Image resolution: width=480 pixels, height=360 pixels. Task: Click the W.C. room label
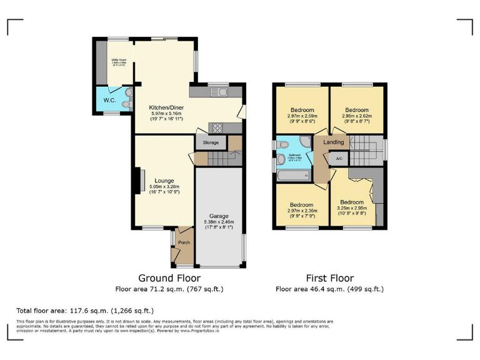109,100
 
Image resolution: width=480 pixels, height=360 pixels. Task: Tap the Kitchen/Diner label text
166,108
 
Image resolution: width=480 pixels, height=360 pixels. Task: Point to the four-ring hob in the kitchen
217,127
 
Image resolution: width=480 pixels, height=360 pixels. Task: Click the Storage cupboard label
211,143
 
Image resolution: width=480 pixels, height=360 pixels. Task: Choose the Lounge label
165,181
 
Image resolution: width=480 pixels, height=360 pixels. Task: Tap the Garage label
219,216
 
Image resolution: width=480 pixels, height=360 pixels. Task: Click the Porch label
184,242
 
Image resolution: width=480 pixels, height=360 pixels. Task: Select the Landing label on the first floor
334,142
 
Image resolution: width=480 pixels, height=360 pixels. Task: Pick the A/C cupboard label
339,159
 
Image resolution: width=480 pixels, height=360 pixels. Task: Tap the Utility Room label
119,61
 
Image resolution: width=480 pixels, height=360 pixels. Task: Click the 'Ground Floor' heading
169,278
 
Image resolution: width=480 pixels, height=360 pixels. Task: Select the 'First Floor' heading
329,278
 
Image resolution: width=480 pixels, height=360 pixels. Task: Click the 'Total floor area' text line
85,310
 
